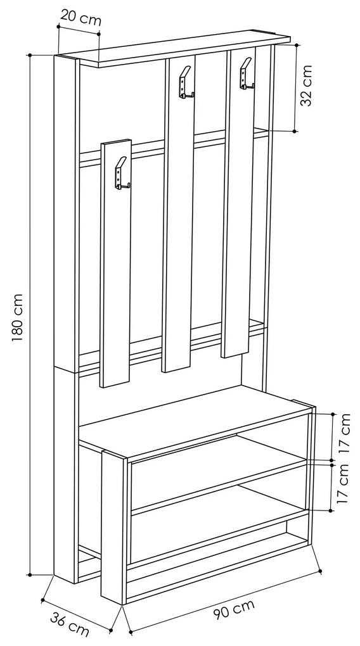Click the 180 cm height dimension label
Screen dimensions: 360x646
click(17, 318)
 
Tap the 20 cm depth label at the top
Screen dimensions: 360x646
click(81, 18)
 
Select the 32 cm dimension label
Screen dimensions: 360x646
click(307, 85)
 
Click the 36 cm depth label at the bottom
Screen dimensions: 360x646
click(70, 624)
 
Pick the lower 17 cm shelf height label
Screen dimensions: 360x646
click(342, 484)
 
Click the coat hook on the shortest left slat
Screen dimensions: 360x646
click(122, 174)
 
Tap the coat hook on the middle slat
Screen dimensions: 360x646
click(185, 82)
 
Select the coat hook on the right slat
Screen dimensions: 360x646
click(246, 73)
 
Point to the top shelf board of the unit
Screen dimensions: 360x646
click(173, 47)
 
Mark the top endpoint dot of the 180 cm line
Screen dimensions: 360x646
click(30, 55)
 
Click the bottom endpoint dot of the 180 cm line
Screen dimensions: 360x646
click(30, 574)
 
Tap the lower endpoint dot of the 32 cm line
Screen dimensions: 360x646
click(295, 131)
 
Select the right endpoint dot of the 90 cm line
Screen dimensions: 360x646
click(321, 571)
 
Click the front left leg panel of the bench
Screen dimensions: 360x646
click(113, 528)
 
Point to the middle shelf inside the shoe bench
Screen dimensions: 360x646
click(219, 486)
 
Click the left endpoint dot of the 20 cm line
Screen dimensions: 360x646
click(58, 27)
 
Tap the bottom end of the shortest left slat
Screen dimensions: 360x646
click(115, 384)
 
